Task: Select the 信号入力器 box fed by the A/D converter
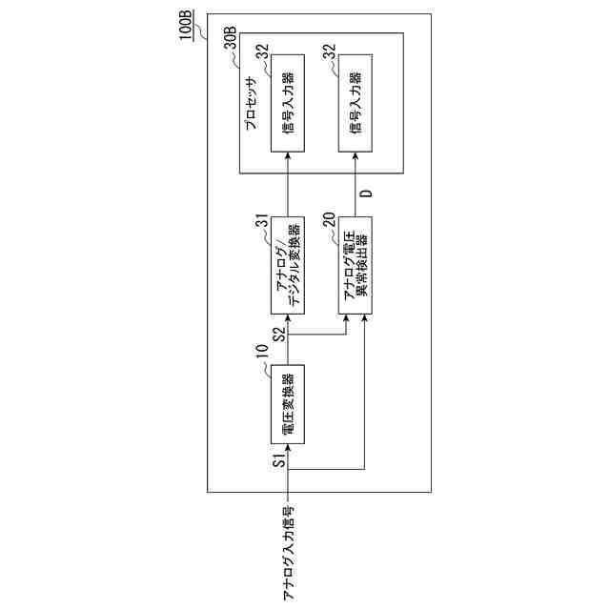pyautogui.click(x=287, y=102)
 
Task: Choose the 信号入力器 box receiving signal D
pyautogui.click(x=356, y=102)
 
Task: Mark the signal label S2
pyautogui.click(x=278, y=335)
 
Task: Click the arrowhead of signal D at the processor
pyautogui.click(x=356, y=177)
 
